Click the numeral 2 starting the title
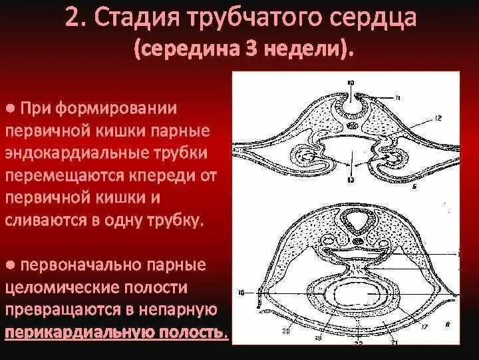(71, 17)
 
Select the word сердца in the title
(374, 19)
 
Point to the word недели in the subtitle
(311, 48)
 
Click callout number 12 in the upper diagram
(438, 119)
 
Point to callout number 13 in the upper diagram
(351, 180)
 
